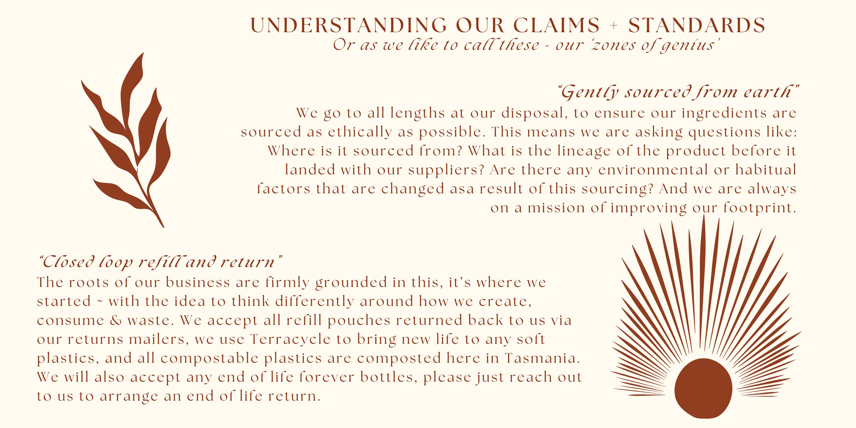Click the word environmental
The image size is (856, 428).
[653, 170]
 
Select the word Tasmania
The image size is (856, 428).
[542, 358]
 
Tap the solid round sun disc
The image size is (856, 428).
[703, 388]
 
